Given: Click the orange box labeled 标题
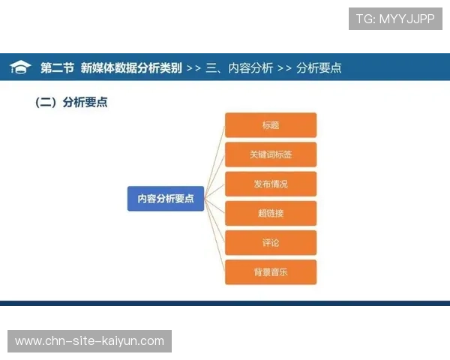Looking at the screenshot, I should click(271, 125).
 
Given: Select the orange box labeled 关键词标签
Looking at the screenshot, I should click(271, 154).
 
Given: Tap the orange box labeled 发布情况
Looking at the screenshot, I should click(271, 184).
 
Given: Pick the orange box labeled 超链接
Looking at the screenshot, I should click(271, 213).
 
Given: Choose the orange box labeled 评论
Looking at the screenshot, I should click(271, 242).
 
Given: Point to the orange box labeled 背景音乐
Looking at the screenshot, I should click(271, 271).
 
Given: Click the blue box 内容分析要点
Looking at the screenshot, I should click(166, 199).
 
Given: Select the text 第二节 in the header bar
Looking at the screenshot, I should click(57, 67).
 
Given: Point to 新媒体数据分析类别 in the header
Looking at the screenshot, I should click(131, 67).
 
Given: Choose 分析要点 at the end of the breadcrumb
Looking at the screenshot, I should click(319, 67).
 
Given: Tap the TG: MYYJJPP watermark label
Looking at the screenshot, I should click(395, 19).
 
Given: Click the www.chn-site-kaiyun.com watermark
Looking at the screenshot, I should click(89, 341).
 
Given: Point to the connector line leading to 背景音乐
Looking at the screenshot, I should click(214, 237).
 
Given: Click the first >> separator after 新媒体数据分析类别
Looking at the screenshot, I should click(193, 67).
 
